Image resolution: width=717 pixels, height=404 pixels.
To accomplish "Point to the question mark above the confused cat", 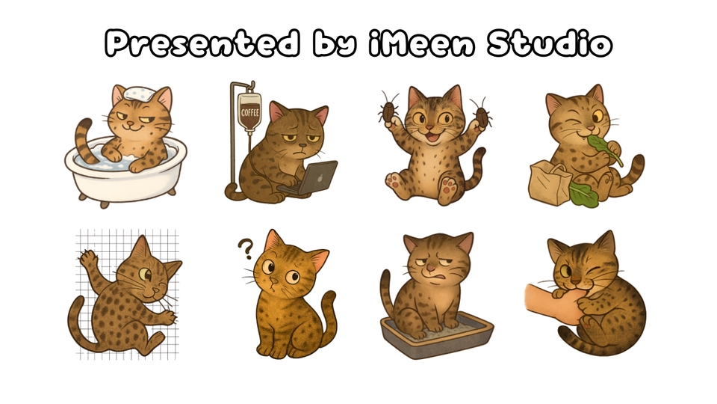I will (x=245, y=248).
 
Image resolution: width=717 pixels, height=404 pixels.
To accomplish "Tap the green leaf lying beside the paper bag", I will (x=584, y=195).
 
